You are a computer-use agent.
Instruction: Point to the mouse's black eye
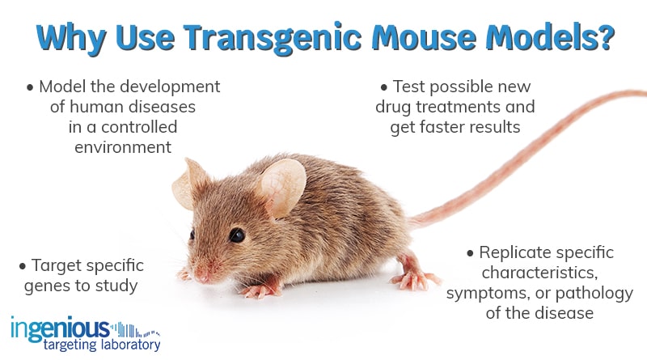[236, 235]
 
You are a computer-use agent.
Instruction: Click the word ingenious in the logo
[60, 328]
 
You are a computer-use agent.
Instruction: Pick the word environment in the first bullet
[123, 147]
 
